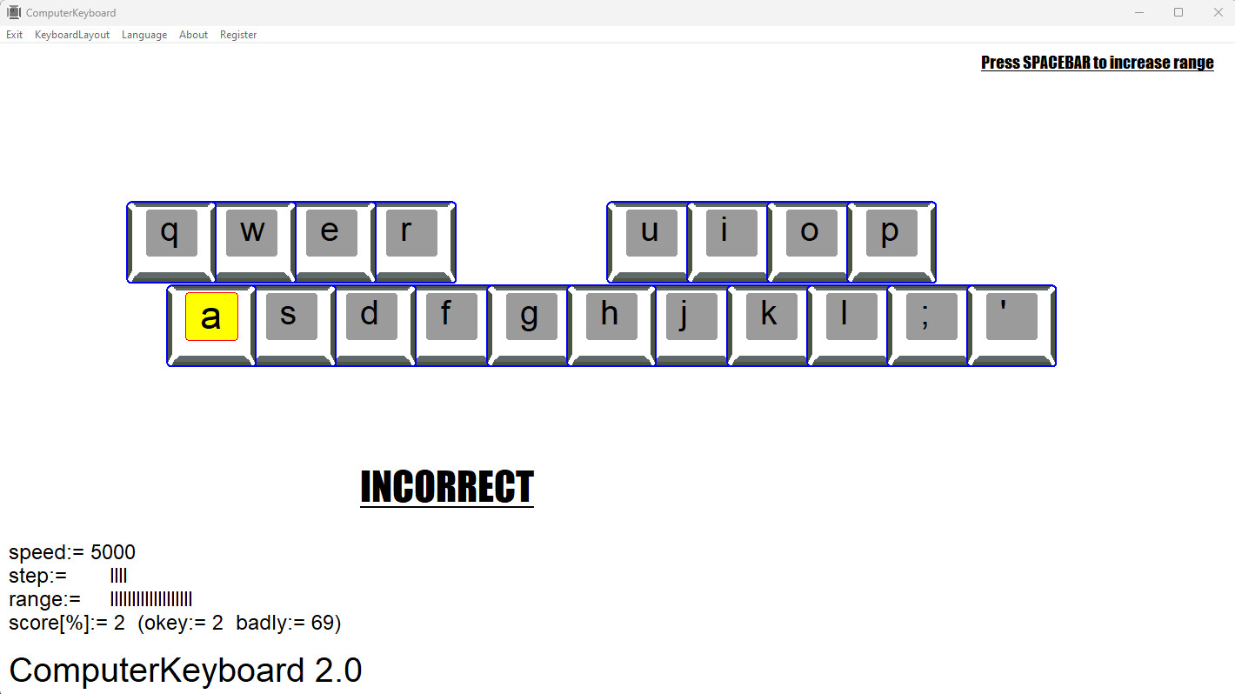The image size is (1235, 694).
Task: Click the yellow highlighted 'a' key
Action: tap(211, 317)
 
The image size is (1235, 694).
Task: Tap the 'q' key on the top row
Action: tap(171, 232)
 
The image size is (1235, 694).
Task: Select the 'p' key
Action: tap(891, 232)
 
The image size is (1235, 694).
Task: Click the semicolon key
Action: tap(931, 317)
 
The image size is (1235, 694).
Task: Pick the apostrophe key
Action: tap(1011, 317)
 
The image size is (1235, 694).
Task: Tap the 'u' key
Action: tap(651, 232)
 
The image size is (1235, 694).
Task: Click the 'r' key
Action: tap(411, 232)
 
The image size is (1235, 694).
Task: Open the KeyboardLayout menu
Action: tap(72, 35)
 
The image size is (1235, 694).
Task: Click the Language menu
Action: tap(144, 35)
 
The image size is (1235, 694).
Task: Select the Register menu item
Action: tap(238, 35)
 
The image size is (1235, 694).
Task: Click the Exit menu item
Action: tap(14, 35)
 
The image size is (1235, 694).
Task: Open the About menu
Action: tap(193, 35)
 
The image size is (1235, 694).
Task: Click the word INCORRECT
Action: tap(447, 487)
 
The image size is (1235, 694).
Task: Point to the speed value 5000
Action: tap(113, 553)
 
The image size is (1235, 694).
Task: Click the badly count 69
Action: tap(323, 624)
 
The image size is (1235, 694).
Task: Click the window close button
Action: tap(1218, 12)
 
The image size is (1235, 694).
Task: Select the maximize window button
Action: tap(1178, 12)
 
